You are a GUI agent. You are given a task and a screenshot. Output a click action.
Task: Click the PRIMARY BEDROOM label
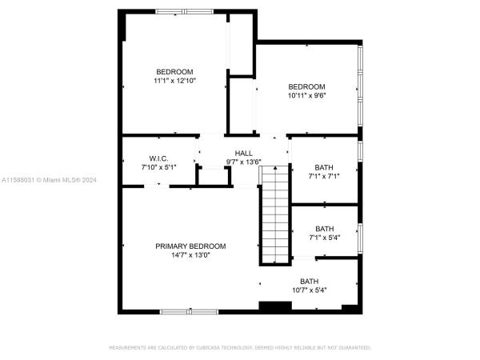tap(190, 246)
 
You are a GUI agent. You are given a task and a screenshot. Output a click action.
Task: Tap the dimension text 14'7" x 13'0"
tap(190, 255)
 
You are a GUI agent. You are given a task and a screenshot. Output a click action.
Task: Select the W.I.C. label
tap(158, 158)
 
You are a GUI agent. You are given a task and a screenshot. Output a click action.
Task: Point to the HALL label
tap(244, 154)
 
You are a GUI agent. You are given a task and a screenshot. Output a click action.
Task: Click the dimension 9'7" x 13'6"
tap(244, 162)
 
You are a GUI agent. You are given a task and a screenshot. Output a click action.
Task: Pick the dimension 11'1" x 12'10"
tap(174, 81)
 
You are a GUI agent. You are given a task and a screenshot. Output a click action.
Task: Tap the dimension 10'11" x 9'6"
tap(306, 95)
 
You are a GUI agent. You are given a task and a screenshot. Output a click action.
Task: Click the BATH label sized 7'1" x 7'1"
tap(324, 167)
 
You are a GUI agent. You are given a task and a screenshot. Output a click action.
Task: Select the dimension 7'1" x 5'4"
tap(325, 238)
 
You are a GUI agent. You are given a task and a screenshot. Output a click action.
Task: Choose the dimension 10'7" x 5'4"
tap(309, 290)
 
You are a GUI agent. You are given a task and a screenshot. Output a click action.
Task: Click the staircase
tap(275, 214)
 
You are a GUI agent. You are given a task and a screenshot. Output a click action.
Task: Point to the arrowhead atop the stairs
tap(275, 168)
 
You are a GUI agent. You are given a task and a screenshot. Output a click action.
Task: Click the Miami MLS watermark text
tap(49, 180)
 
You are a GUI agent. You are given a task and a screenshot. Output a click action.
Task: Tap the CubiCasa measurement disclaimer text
tap(240, 347)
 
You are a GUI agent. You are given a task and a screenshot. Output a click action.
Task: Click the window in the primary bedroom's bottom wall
tap(189, 312)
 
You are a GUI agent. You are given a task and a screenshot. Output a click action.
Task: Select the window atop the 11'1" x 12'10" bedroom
tap(184, 12)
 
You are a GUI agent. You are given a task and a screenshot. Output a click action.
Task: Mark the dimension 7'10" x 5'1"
tap(158, 167)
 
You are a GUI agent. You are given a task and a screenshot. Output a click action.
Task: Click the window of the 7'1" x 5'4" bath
tap(360, 238)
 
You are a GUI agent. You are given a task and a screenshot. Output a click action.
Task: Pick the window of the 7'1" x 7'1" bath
tap(360, 151)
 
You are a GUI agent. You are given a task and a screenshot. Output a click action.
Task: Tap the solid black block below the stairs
tap(275, 306)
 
